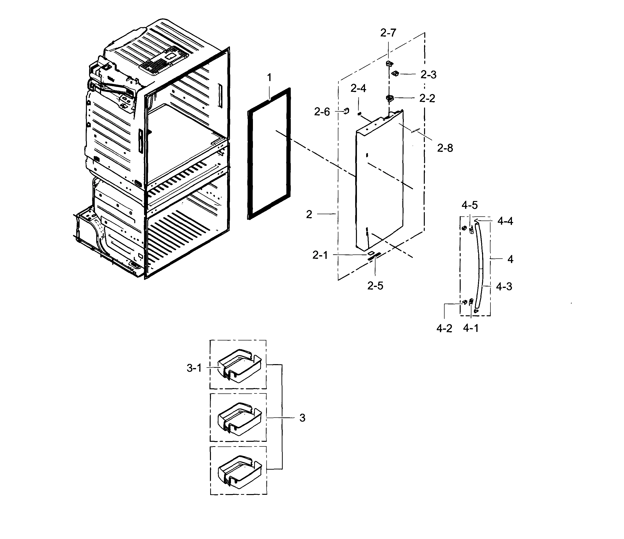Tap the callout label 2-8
click(x=445, y=148)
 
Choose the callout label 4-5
click(x=469, y=205)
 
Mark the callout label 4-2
click(x=444, y=329)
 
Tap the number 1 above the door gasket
click(x=269, y=78)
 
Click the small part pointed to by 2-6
click(x=346, y=111)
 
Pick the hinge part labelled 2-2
click(x=390, y=98)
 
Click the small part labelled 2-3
click(x=395, y=73)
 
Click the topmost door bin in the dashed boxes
click(x=239, y=365)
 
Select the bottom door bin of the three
click(x=239, y=472)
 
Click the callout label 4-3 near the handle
click(x=504, y=286)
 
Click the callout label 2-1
click(x=320, y=255)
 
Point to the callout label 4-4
click(x=505, y=222)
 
